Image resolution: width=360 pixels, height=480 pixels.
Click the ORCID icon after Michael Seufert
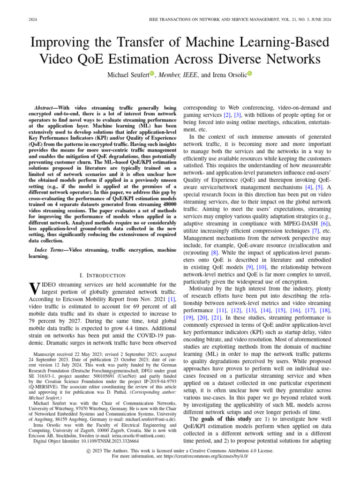pyautogui.click(x=152, y=75)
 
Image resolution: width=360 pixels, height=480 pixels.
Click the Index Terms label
pyautogui.click(x=50, y=251)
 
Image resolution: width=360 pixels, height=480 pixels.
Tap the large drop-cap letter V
pyautogui.click(x=33, y=288)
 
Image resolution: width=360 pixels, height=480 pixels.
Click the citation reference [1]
pyautogui.click(x=172, y=298)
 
